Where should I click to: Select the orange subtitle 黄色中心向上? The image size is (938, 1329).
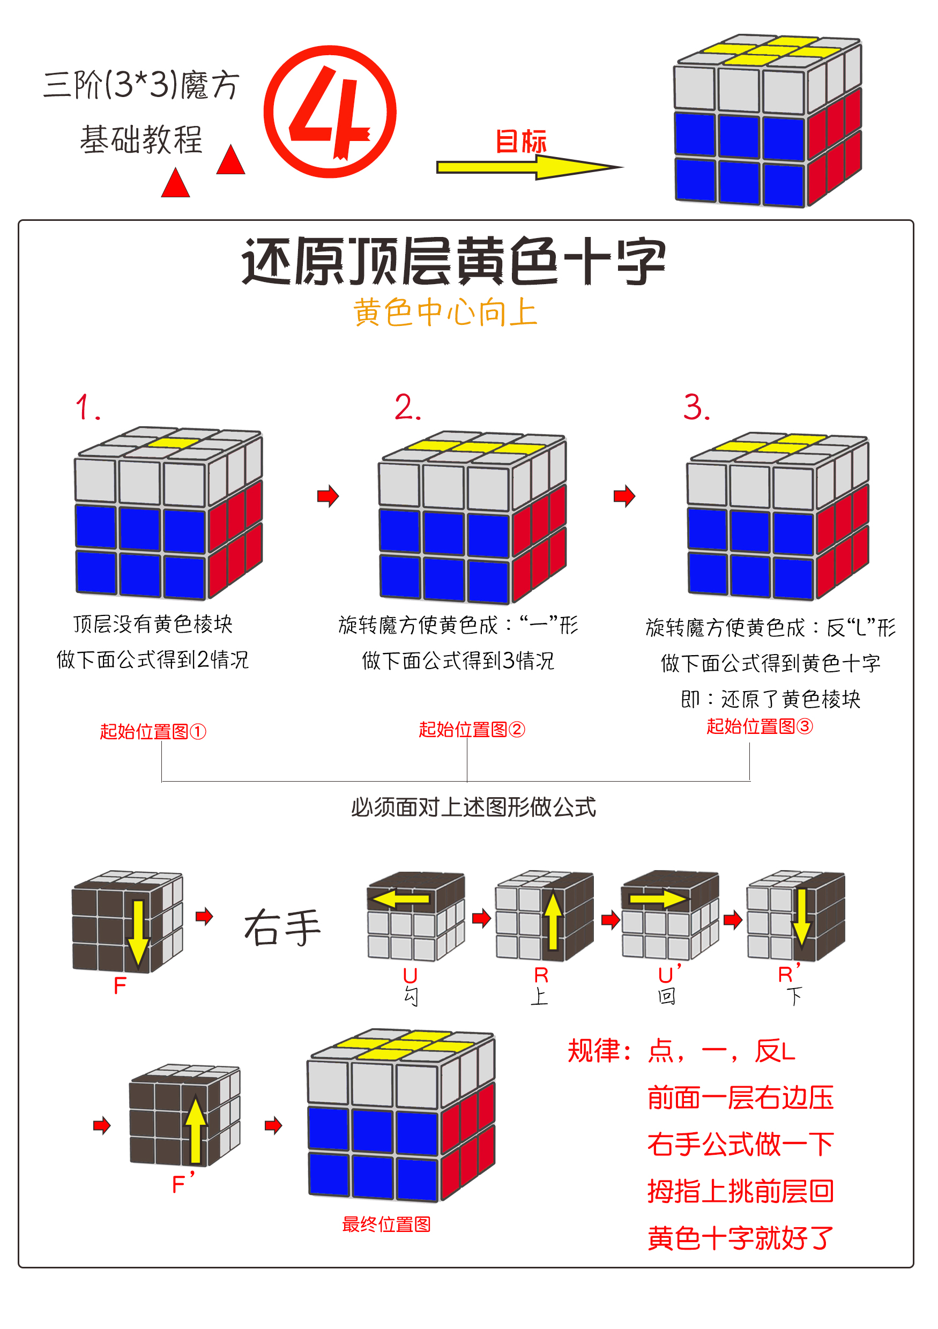[x=445, y=313]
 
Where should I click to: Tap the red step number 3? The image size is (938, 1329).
[x=696, y=407]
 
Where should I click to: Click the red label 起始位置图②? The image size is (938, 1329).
[x=472, y=729]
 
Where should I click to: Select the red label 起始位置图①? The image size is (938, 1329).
[x=153, y=732]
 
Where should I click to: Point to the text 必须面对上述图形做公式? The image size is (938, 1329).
[x=473, y=807]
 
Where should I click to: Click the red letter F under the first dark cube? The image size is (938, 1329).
[x=120, y=986]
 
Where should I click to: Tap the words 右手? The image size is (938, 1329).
[x=282, y=927]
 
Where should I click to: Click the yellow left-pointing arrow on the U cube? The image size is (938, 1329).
[x=400, y=899]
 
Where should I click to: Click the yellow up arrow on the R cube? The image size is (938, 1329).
[x=553, y=920]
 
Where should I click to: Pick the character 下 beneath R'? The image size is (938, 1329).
[x=794, y=996]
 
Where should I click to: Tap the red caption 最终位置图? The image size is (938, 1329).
[x=386, y=1224]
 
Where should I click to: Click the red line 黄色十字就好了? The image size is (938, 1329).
[x=740, y=1239]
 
